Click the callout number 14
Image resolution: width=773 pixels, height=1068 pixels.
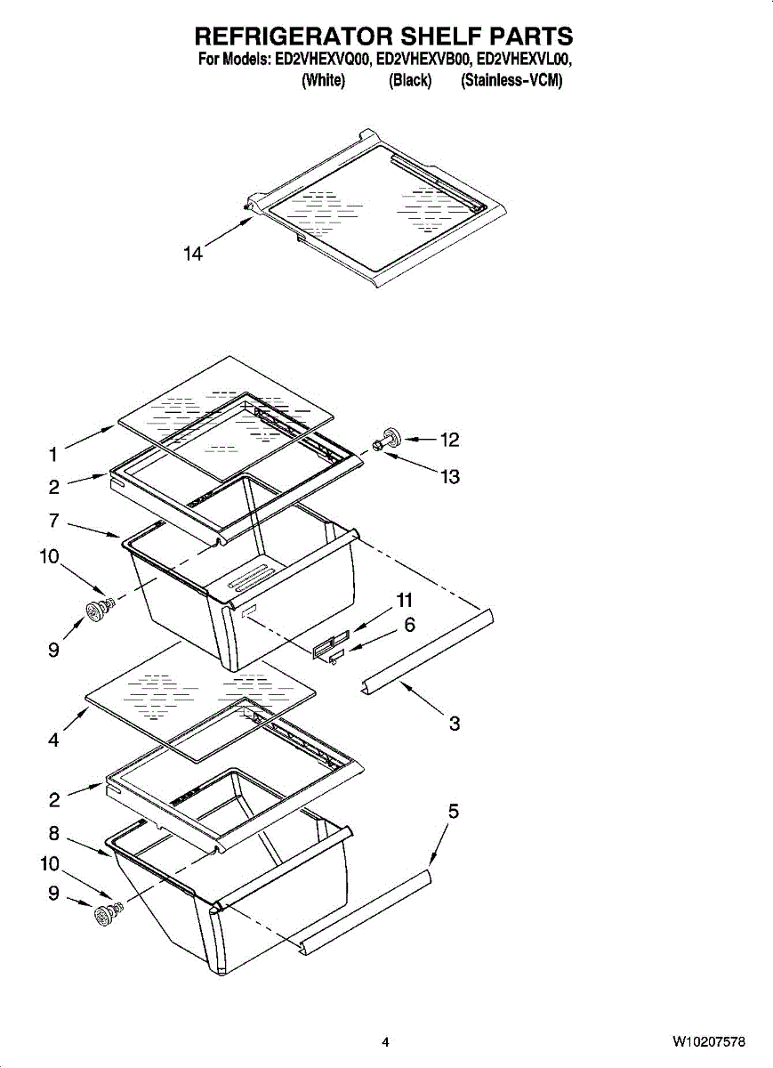tap(193, 255)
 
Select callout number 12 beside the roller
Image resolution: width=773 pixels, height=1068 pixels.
tap(450, 440)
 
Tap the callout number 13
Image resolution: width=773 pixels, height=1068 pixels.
tap(450, 477)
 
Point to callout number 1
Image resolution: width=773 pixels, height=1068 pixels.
tap(53, 455)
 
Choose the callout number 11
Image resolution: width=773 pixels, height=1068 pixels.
tap(406, 601)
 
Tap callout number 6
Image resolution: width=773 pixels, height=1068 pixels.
tap(409, 626)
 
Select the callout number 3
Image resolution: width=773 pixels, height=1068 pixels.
tap(455, 724)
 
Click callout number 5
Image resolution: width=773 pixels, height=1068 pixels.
tap(454, 812)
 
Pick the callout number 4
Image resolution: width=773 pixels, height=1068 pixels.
tap(53, 740)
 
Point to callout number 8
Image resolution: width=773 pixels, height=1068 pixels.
tap(53, 834)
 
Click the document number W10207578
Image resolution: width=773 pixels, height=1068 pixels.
tap(708, 1041)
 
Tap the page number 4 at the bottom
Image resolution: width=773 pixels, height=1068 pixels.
tap(385, 1041)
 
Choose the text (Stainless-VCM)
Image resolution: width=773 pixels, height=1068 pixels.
tap(511, 81)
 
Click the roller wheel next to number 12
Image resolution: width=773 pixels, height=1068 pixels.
tap(388, 438)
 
